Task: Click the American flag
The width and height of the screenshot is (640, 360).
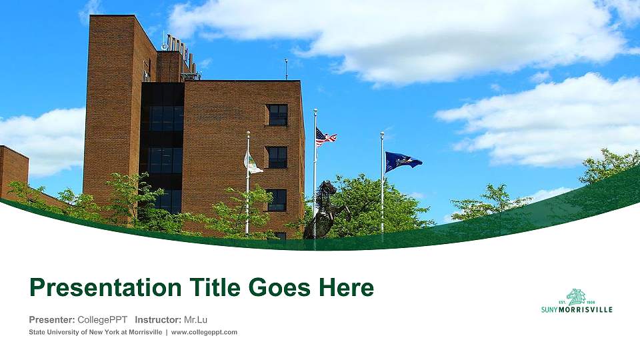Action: (x=325, y=137)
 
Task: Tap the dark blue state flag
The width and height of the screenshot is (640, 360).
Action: (x=401, y=161)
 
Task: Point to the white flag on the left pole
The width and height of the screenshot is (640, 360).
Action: (x=253, y=162)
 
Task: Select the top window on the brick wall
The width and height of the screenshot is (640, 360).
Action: (x=277, y=115)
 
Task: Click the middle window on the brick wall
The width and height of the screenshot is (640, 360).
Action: (x=277, y=157)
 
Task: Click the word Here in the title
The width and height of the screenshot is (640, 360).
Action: (x=346, y=288)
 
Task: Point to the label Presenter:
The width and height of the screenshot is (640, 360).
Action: (x=52, y=319)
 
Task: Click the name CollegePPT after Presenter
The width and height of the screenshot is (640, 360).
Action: (x=102, y=319)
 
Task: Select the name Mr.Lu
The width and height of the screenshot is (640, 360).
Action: (x=195, y=319)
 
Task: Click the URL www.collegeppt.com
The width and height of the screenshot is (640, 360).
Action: (x=204, y=332)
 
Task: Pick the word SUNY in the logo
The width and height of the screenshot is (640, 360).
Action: (x=549, y=309)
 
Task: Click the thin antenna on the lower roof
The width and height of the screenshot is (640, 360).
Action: (x=287, y=69)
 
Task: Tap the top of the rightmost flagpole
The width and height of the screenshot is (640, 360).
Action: (x=382, y=134)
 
